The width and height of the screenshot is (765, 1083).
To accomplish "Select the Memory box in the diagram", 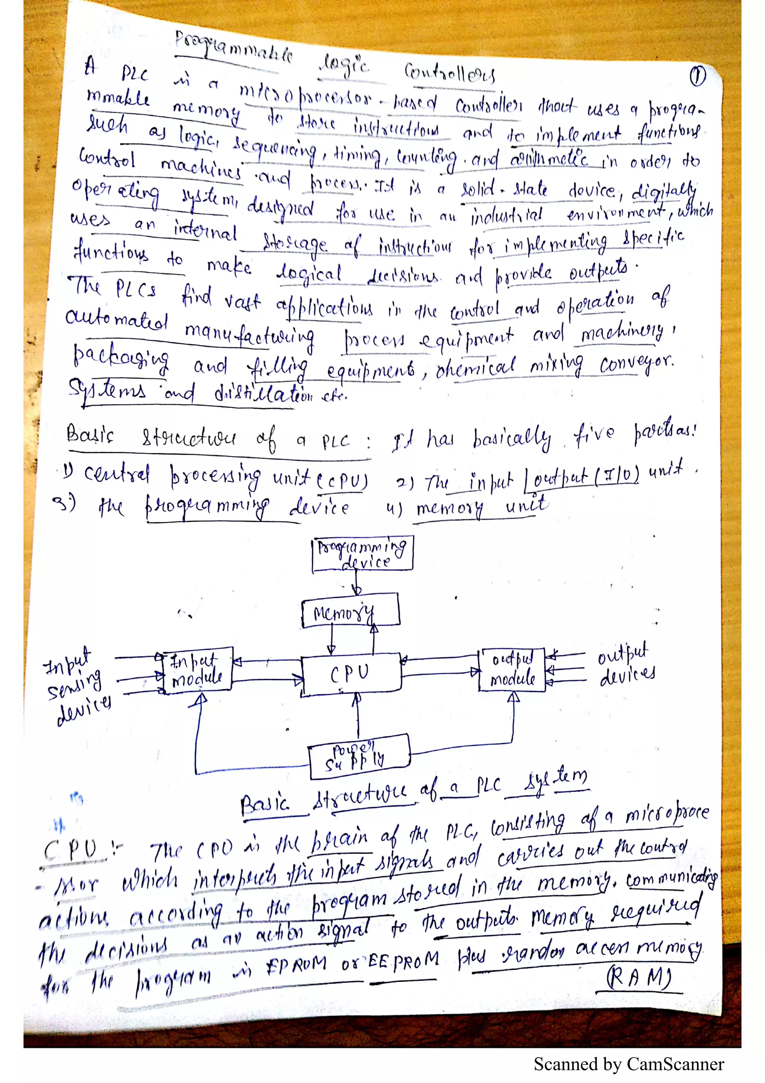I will click(x=350, y=611).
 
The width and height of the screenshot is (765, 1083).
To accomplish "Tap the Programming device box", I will click(x=362, y=553).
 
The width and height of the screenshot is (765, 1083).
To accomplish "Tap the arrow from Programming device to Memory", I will click(x=357, y=581).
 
